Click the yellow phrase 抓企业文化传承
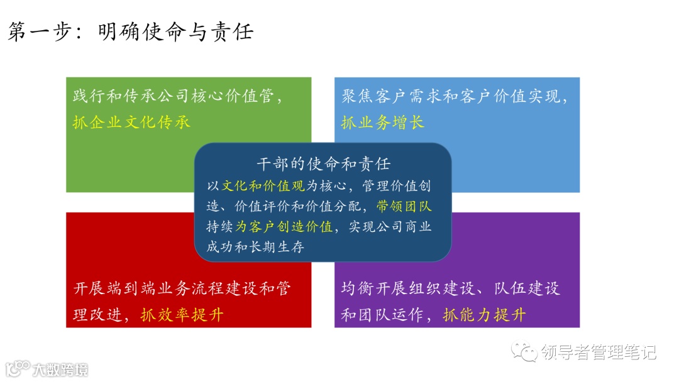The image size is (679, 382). (131, 122)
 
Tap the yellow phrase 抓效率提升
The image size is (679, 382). (182, 314)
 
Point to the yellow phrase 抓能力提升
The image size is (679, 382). (484, 314)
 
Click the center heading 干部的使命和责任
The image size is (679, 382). (323, 164)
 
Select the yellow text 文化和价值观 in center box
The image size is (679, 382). (263, 186)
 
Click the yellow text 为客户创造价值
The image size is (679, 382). (284, 227)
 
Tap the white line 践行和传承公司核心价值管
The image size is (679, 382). (178, 97)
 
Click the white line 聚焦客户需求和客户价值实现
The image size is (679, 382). (455, 97)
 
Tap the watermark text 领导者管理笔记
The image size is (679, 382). (599, 352)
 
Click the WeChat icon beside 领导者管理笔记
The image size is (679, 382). (524, 352)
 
